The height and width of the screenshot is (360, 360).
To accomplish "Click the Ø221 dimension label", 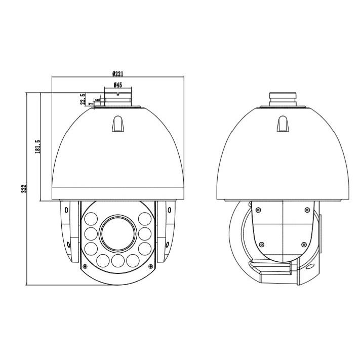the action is click(x=118, y=74).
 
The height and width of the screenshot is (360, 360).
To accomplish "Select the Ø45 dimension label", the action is click(x=118, y=85).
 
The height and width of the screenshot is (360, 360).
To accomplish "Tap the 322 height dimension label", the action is click(x=24, y=188).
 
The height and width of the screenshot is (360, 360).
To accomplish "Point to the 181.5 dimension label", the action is click(x=37, y=147).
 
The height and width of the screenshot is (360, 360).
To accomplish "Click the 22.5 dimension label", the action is click(x=83, y=99).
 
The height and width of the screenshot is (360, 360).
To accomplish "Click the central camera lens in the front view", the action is click(x=118, y=234).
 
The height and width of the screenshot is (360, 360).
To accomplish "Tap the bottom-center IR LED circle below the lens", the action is click(x=118, y=261).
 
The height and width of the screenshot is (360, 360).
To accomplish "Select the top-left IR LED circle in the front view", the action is click(x=91, y=219).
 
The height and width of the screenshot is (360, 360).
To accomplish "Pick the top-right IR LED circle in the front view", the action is click(x=145, y=219).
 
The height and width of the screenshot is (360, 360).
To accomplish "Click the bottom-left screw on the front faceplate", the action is click(x=85, y=266).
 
